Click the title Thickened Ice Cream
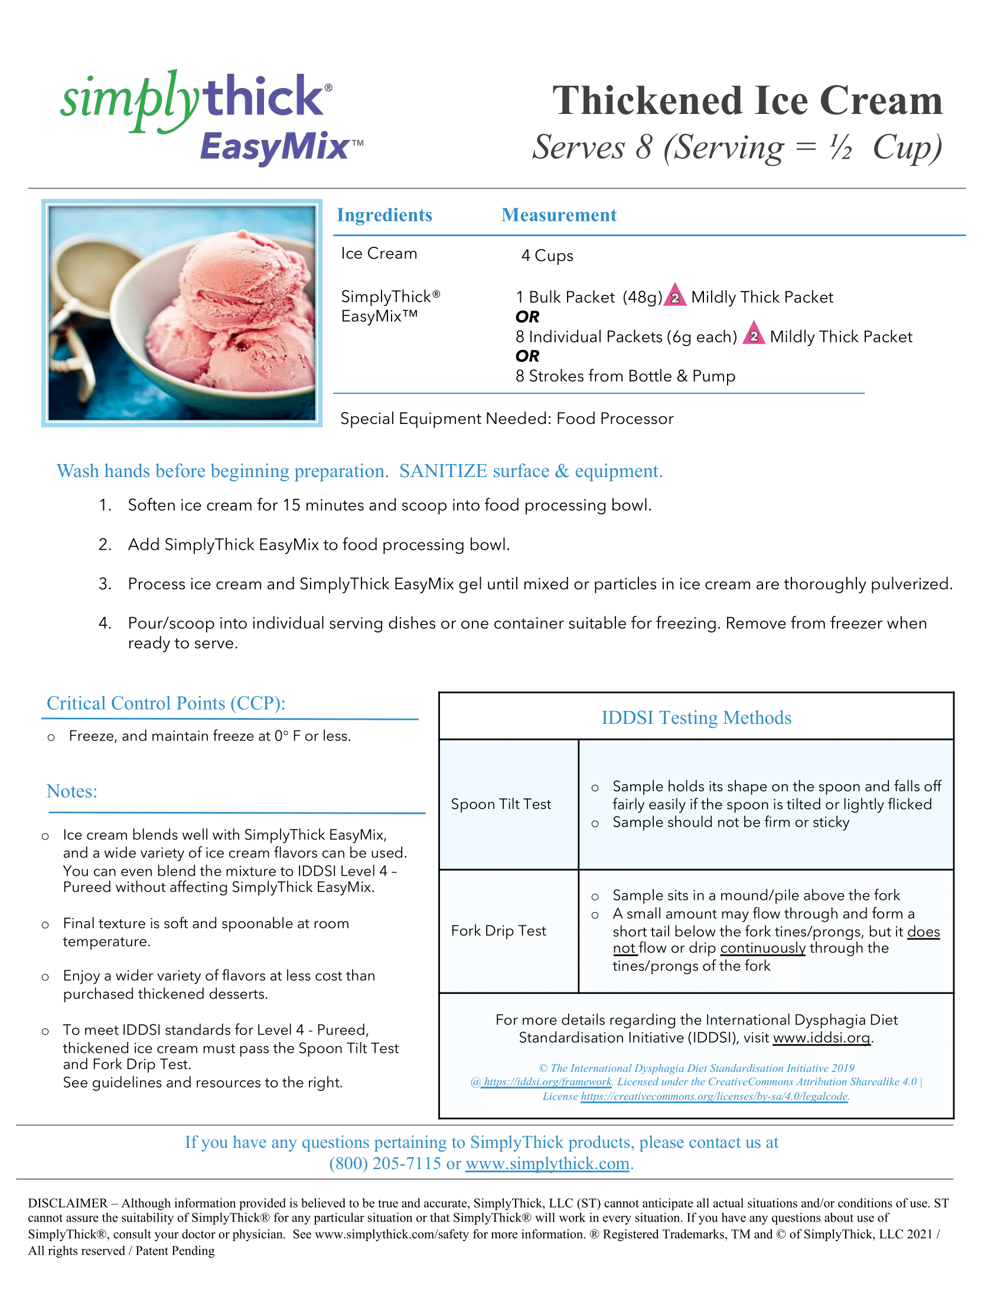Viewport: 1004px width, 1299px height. [747, 100]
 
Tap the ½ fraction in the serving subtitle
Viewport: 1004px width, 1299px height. [840, 147]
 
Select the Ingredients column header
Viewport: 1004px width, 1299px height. [384, 215]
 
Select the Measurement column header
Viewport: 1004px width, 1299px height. [559, 215]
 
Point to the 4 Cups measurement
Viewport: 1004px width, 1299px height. [547, 256]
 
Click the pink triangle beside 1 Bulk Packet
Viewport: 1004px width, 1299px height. [675, 296]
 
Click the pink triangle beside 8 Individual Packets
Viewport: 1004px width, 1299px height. [754, 335]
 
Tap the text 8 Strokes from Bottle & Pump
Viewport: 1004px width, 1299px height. [625, 377]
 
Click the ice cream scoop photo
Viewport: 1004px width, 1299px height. [181, 313]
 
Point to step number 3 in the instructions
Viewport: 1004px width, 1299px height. [105, 584]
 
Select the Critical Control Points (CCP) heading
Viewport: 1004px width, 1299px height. [166, 704]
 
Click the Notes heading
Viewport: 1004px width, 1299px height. [72, 792]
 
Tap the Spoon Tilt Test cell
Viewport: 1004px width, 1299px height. [501, 804]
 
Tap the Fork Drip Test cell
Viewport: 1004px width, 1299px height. [498, 931]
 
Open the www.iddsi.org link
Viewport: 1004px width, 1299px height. [822, 1038]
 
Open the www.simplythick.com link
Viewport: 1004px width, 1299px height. [547, 1163]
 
